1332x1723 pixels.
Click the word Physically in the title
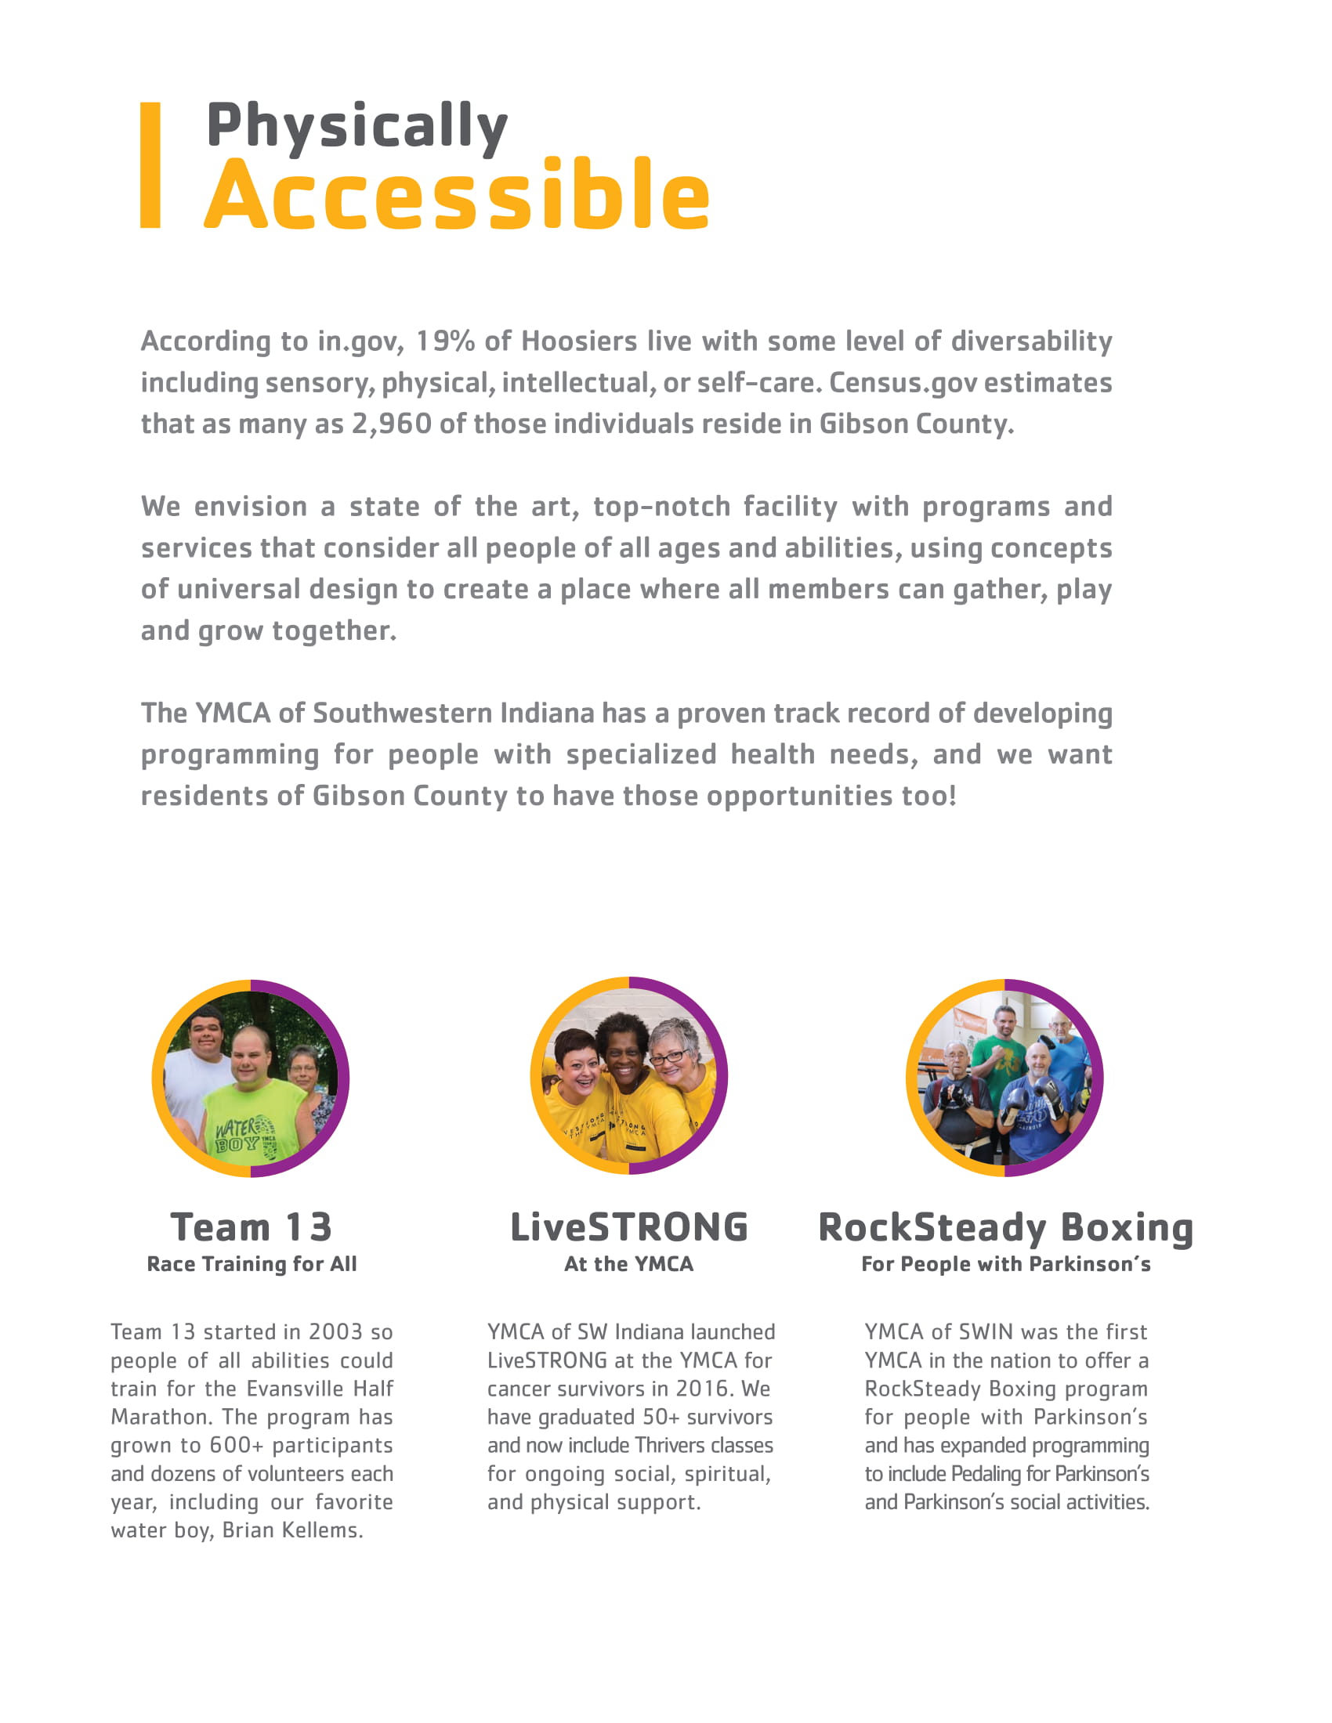pyautogui.click(x=357, y=126)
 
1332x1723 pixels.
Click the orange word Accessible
pyautogui.click(x=457, y=195)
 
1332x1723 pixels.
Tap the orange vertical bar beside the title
pyautogui.click(x=150, y=166)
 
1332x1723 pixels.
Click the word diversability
pyautogui.click(x=1030, y=341)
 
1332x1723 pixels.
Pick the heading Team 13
pyautogui.click(x=251, y=1227)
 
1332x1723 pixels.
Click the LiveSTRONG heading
pyautogui.click(x=629, y=1227)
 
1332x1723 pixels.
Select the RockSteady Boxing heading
pyautogui.click(x=1005, y=1227)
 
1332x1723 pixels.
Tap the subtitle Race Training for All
pyautogui.click(x=252, y=1264)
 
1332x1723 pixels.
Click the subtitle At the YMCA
pyautogui.click(x=629, y=1264)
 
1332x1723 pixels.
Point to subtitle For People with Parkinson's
pyautogui.click(x=1005, y=1264)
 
